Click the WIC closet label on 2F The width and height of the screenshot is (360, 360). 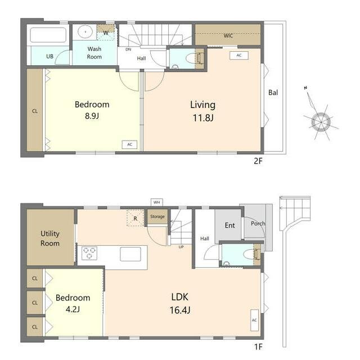click(228, 35)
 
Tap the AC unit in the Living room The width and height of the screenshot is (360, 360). click(239, 55)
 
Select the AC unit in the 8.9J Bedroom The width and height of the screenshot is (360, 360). click(129, 145)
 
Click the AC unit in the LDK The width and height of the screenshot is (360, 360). click(254, 320)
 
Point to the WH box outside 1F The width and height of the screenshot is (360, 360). click(157, 202)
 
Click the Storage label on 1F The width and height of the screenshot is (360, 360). click(157, 216)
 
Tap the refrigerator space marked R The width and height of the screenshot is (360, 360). click(135, 218)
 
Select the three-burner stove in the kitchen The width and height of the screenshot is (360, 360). click(89, 253)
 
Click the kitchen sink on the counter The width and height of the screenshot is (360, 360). click(130, 254)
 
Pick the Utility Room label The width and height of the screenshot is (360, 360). click(50, 238)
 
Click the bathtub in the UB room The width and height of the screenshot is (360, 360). click(48, 35)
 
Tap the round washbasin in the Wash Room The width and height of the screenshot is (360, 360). click(85, 31)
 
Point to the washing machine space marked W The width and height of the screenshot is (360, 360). click(106, 32)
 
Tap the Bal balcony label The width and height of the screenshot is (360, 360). click(273, 92)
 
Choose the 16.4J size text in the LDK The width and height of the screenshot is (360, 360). click(180, 310)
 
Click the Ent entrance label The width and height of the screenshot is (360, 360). click(229, 225)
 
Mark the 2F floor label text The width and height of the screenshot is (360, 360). click(258, 161)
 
